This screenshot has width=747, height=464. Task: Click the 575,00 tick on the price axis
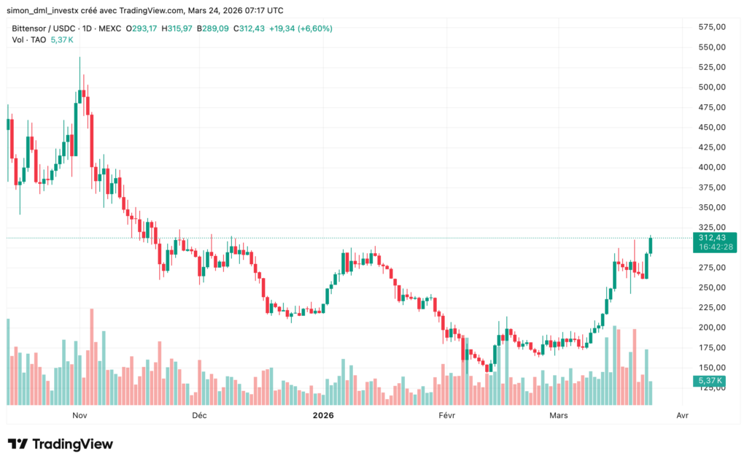(x=711, y=27)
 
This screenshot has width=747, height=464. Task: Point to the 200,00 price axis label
(x=711, y=328)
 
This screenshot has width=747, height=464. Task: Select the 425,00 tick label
(x=711, y=147)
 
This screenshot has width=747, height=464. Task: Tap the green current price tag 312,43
(x=711, y=238)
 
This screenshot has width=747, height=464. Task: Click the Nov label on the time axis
(x=80, y=415)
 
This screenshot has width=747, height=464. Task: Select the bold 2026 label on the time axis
(x=322, y=415)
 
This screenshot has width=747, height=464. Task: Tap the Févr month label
(x=446, y=415)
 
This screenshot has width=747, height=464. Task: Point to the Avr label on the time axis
(x=682, y=415)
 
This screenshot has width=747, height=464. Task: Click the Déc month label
(x=198, y=415)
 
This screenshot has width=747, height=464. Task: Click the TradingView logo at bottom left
(x=61, y=444)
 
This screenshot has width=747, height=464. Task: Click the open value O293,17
(x=138, y=28)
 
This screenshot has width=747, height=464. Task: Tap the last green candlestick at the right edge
(x=651, y=245)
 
